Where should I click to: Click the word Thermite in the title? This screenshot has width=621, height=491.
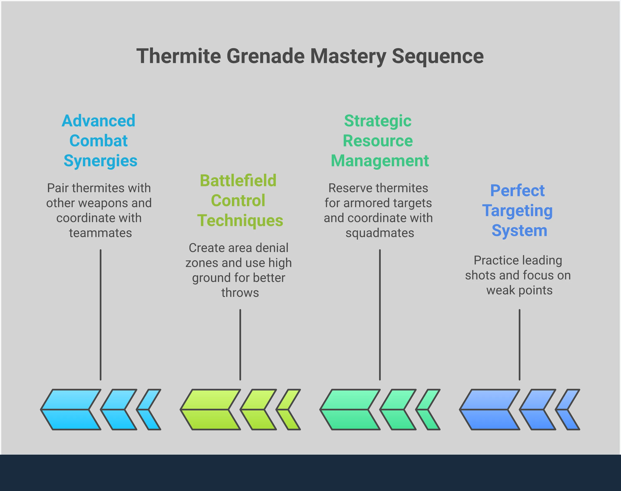[179, 56]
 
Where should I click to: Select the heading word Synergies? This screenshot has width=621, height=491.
[100, 161]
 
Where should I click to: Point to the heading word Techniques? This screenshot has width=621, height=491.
[240, 221]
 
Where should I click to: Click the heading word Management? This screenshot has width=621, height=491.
[380, 161]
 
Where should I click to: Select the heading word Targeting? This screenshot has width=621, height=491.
[517, 211]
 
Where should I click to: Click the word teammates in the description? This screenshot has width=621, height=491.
[100, 233]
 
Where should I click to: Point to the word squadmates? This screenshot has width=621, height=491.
[380, 233]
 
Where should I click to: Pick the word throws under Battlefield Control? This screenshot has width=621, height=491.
[240, 293]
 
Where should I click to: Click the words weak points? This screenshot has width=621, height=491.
[519, 290]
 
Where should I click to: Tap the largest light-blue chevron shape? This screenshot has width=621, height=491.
[71, 410]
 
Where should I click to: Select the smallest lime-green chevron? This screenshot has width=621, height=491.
[288, 410]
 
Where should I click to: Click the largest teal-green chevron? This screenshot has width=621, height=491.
[350, 410]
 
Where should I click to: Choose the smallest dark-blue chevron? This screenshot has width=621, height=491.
[568, 410]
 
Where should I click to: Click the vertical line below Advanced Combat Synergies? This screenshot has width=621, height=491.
[100, 315]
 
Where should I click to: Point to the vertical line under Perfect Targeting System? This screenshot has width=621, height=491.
[519, 345]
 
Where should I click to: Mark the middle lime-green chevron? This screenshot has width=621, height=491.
[258, 410]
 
